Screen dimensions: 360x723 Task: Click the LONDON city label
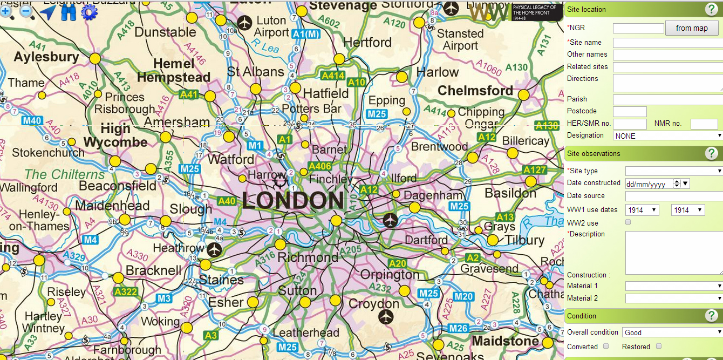(293, 201)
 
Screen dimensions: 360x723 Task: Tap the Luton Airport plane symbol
(245, 23)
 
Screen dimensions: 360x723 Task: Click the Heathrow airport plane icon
(215, 249)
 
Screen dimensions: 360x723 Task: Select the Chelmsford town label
(475, 91)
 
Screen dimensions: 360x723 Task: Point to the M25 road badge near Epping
(377, 114)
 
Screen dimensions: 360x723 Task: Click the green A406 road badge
(319, 166)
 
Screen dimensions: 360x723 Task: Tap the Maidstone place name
(505, 341)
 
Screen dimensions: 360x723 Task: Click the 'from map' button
(692, 28)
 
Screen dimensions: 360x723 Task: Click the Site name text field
(667, 43)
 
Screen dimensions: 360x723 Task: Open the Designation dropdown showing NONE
(667, 135)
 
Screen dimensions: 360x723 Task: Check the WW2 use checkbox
(628, 222)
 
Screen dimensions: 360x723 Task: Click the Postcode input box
(630, 112)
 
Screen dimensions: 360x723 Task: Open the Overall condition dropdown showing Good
(672, 332)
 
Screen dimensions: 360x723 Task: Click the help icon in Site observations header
(711, 154)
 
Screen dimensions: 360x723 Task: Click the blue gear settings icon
(89, 12)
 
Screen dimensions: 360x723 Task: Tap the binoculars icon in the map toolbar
(69, 12)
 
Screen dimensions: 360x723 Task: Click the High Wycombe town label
(115, 135)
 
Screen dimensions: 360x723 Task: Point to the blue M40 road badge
(32, 120)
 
